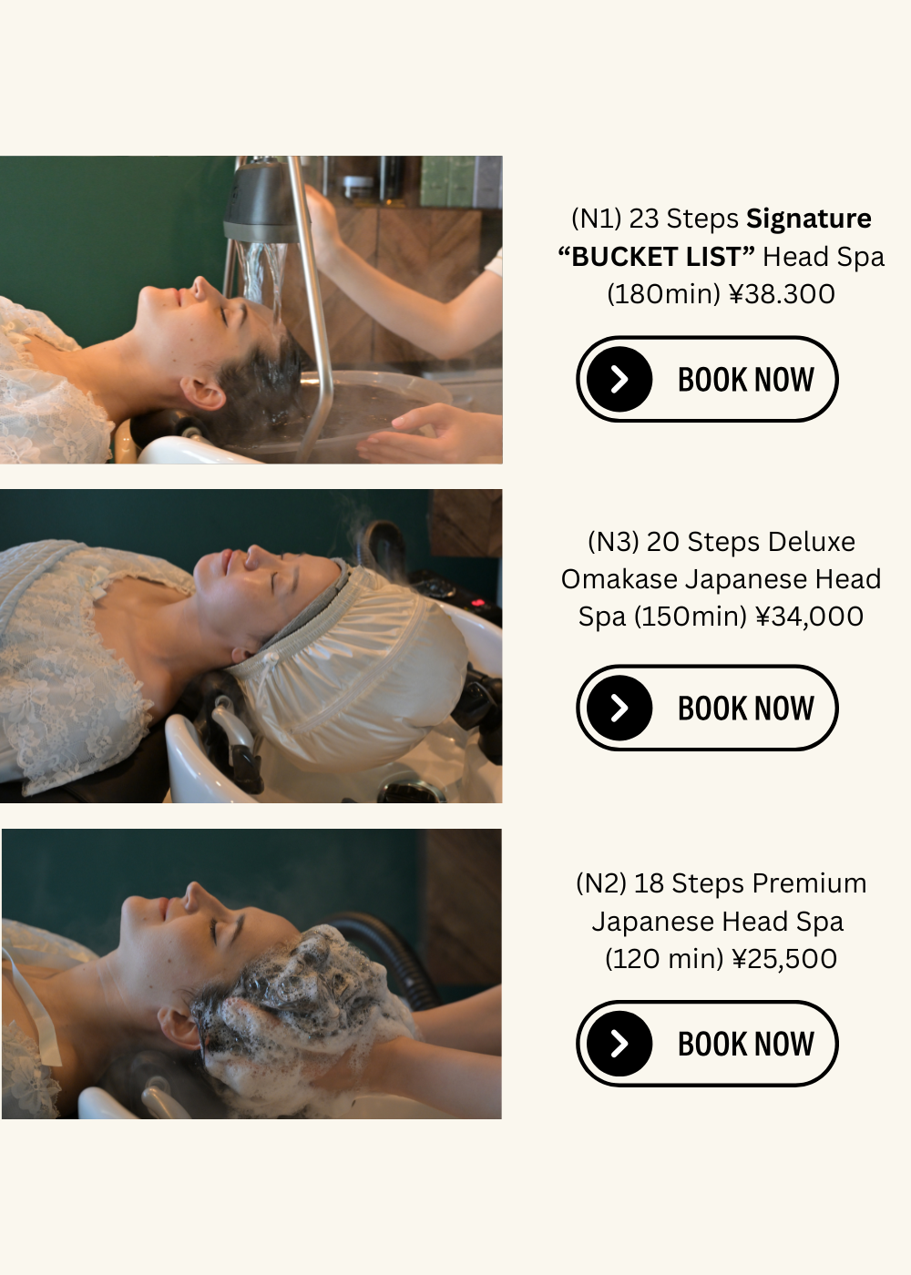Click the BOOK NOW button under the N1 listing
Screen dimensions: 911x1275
pyautogui.click(x=707, y=379)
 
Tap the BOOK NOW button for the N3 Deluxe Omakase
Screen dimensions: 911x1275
pyautogui.click(x=707, y=708)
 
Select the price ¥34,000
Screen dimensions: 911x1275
pyautogui.click(x=809, y=617)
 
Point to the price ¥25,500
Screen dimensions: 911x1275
pyautogui.click(x=784, y=958)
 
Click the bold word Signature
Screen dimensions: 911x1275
pyautogui.click(x=809, y=219)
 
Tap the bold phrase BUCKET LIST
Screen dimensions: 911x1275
pyautogui.click(x=657, y=257)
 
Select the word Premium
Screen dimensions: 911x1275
pyautogui.click(x=809, y=883)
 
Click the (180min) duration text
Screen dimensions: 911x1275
pyautogui.click(x=664, y=294)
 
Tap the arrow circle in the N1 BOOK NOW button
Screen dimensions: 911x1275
pyautogui.click(x=619, y=379)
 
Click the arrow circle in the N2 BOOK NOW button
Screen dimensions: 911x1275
pyautogui.click(x=619, y=1043)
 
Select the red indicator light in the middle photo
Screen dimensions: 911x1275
pyautogui.click(x=478, y=602)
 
